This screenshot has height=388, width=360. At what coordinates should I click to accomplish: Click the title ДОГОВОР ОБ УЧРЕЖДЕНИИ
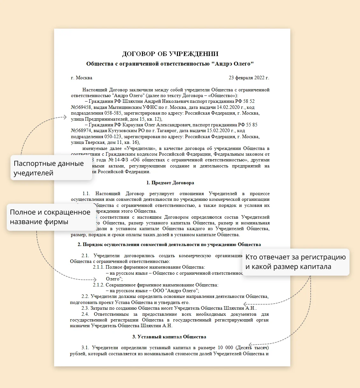coord(170,54)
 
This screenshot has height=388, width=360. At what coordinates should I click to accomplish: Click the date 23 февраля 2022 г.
coord(249,78)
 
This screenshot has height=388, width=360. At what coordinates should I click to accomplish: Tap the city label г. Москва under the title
coord(81,78)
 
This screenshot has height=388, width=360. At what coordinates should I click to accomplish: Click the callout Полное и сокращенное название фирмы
coord(50,217)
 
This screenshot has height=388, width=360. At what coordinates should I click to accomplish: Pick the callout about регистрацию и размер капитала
coord(295,262)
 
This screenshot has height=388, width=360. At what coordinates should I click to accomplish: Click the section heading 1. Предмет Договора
coord(170,183)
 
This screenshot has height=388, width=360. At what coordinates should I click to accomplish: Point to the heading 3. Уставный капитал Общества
coord(169,337)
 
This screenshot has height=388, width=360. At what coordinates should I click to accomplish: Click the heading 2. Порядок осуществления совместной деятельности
coord(169,244)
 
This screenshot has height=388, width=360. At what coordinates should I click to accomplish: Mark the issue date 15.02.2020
coord(218,131)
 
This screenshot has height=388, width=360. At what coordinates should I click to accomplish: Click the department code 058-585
coord(113,113)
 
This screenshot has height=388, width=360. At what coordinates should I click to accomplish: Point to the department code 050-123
coord(113,137)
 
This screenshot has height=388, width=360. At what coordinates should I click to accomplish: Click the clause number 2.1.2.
coord(98,285)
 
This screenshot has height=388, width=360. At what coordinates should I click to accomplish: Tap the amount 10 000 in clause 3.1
coord(225,348)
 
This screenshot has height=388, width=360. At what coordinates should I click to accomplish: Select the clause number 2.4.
coord(85,314)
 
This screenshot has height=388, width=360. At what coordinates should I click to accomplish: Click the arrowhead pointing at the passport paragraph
coord(65,117)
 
